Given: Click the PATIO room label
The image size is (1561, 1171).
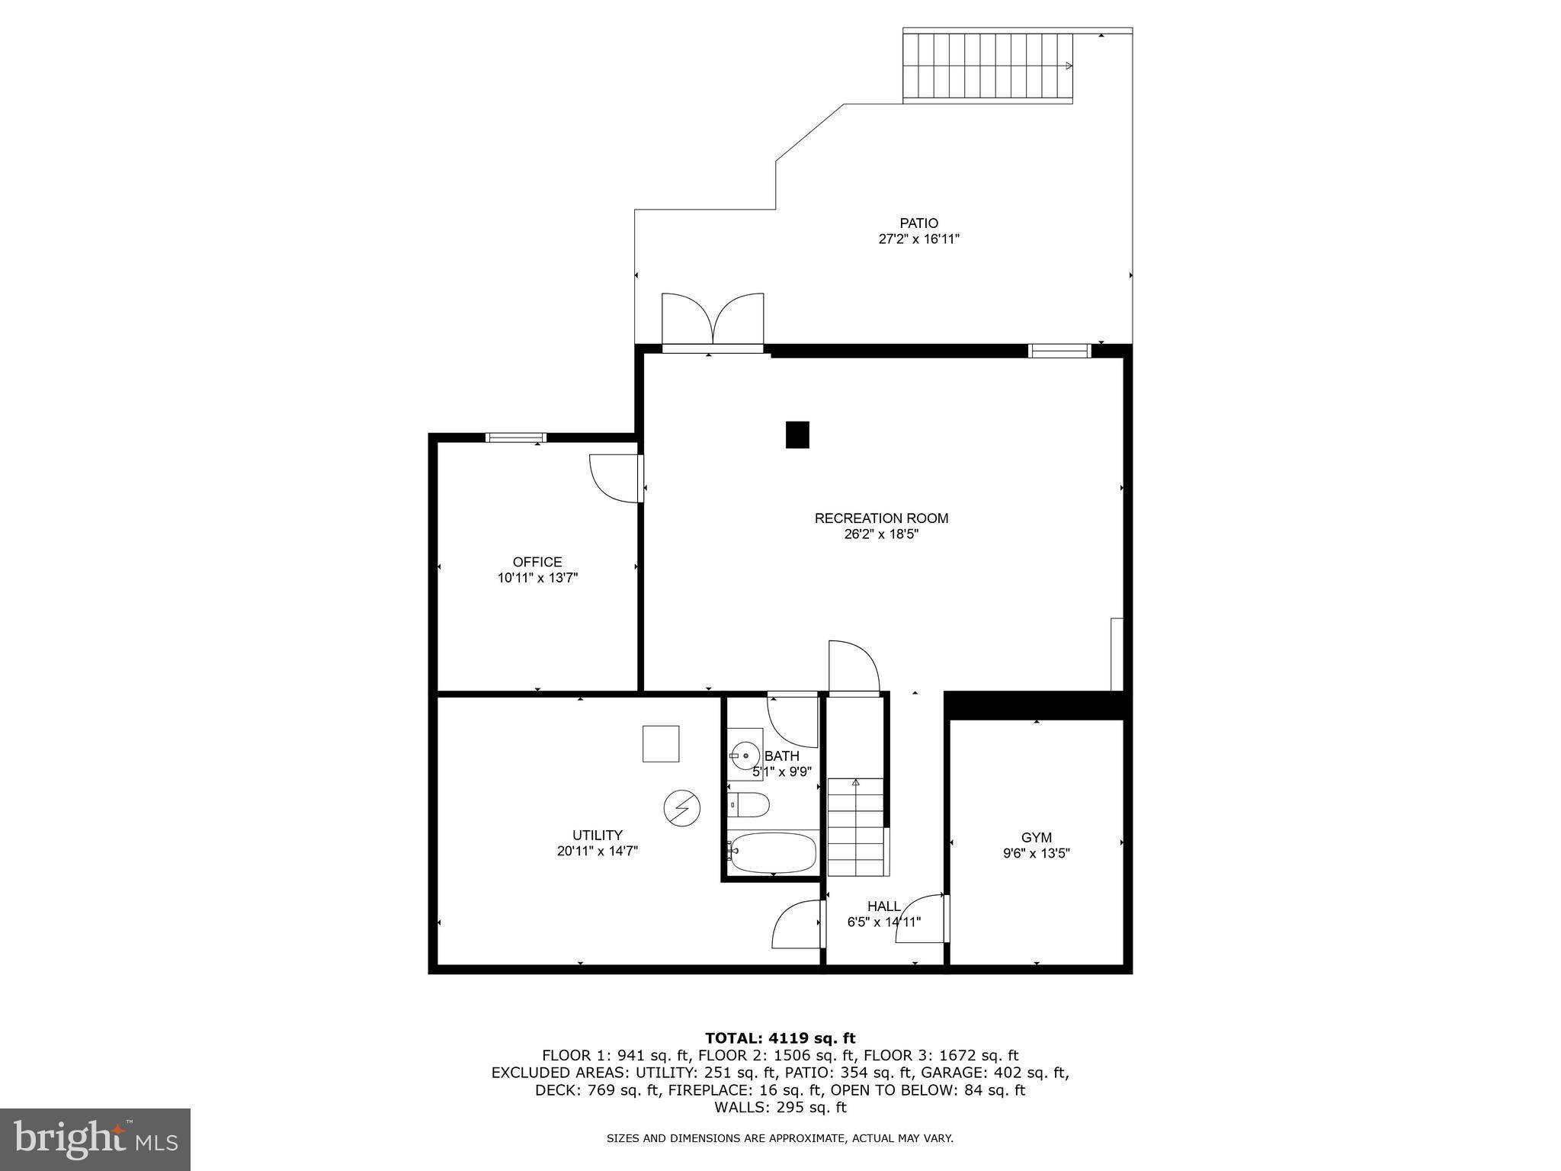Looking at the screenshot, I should (x=918, y=223).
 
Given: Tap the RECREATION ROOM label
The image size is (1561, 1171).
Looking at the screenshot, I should (x=881, y=518).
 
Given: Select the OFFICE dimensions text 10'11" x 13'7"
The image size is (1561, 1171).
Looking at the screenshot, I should (x=537, y=578).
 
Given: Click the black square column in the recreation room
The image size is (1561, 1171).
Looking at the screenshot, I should (x=797, y=435).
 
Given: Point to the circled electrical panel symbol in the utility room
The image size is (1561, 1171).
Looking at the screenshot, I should (x=681, y=807).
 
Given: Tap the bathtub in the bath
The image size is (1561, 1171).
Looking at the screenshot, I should (x=772, y=852).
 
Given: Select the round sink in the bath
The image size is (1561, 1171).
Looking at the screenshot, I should (x=745, y=756).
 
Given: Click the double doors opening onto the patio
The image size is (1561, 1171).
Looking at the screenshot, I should (x=713, y=320).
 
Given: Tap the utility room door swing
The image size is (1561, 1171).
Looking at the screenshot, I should (x=798, y=923).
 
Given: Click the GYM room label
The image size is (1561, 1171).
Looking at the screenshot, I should (x=1036, y=838).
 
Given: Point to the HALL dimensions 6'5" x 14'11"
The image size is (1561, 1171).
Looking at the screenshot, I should (x=883, y=922).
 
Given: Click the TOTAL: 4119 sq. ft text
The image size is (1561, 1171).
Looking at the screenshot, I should (x=780, y=1038).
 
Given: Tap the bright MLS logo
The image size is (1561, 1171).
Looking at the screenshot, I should (x=95, y=1139).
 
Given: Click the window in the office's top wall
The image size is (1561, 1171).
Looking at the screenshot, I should (x=516, y=438).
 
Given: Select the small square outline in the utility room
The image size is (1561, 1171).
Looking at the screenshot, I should (x=660, y=743).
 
